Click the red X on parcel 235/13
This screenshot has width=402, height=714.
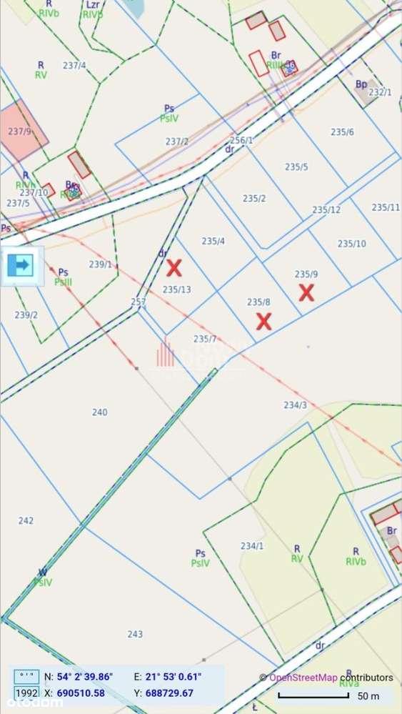click(x=174, y=268)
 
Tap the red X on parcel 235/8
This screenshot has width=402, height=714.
click(x=263, y=321)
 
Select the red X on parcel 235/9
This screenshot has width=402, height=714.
click(x=306, y=292)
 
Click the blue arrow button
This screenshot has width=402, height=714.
click(x=21, y=266)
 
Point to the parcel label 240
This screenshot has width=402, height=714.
click(x=100, y=412)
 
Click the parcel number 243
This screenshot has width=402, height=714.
click(x=135, y=634)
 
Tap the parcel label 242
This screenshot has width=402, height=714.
click(x=26, y=520)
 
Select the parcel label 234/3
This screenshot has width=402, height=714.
click(x=295, y=405)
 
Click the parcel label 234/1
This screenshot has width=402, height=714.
click(x=252, y=546)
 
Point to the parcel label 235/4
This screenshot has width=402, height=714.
click(x=213, y=241)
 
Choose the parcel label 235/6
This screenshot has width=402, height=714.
click(x=342, y=132)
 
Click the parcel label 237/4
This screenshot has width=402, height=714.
click(x=74, y=65)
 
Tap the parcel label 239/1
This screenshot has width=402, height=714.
click(x=101, y=264)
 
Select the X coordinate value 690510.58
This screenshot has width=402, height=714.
click(x=81, y=693)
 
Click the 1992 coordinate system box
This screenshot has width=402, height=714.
click(x=27, y=693)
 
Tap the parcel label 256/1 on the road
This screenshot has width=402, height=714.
click(x=241, y=140)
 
